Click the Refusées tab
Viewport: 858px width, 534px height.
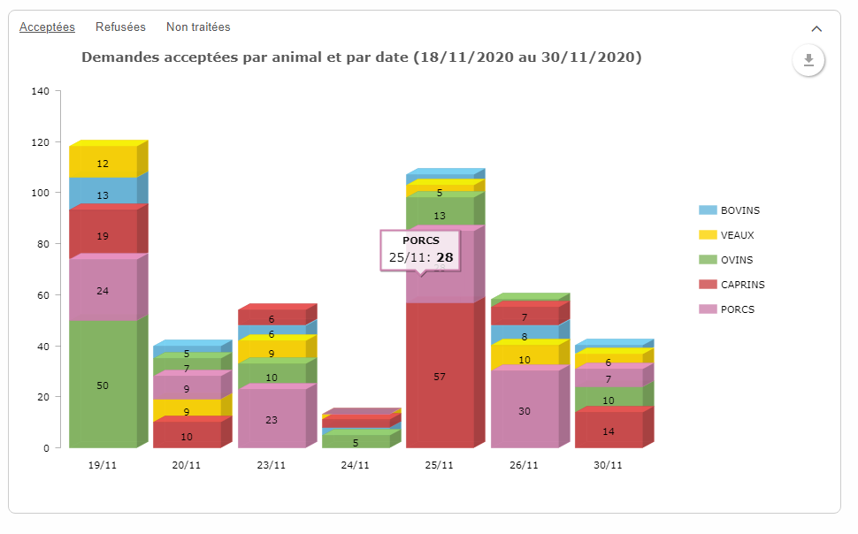(x=120, y=27)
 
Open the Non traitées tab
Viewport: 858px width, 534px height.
(x=198, y=27)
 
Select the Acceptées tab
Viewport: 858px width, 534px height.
(x=47, y=27)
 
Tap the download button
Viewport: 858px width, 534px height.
(x=808, y=60)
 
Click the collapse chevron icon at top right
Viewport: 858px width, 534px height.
(x=816, y=29)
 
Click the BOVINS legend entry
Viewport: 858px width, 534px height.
(x=730, y=210)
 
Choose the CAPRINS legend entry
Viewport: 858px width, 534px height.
(x=732, y=285)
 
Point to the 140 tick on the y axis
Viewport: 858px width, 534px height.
(x=40, y=91)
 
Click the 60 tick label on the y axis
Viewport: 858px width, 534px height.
(x=43, y=295)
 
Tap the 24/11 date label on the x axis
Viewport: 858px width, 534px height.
(x=355, y=465)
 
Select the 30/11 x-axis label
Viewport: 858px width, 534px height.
(x=608, y=465)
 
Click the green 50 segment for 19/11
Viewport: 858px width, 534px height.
(x=103, y=384)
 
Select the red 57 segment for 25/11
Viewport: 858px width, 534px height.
(x=440, y=376)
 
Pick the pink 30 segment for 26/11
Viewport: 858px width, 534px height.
(x=525, y=409)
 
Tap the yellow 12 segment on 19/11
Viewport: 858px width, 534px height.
(x=103, y=162)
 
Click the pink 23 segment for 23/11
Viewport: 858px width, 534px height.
(x=272, y=418)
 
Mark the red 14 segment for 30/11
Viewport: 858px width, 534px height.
(x=609, y=430)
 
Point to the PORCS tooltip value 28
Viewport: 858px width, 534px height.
(x=445, y=257)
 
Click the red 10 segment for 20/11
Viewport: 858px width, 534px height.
(x=187, y=435)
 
